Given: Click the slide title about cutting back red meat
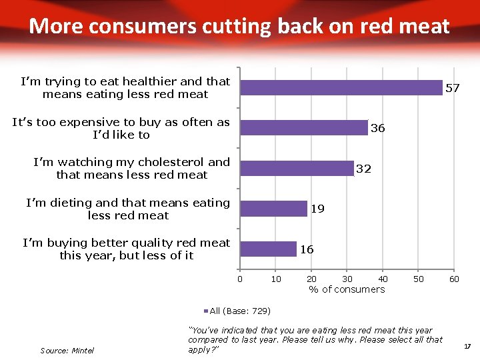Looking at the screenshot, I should [x=239, y=26].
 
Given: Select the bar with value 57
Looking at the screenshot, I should [x=341, y=88].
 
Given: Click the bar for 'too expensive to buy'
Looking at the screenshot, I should [x=304, y=128].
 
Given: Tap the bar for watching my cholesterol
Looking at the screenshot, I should [x=297, y=169].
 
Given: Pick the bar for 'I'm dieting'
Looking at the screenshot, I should [x=273, y=209].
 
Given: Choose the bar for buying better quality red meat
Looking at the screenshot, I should [x=268, y=249].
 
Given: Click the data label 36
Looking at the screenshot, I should [x=377, y=128].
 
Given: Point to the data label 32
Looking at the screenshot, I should [x=363, y=169].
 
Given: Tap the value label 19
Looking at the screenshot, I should [x=318, y=209].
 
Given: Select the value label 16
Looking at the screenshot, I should [x=307, y=249].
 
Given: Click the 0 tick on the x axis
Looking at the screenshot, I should [x=240, y=279].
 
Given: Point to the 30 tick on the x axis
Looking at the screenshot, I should [x=347, y=279].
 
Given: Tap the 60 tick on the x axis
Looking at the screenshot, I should [x=453, y=279].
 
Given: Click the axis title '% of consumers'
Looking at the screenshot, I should [x=347, y=289].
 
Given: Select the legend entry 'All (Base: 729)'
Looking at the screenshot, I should [x=239, y=311].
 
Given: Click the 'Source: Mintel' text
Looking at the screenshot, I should [x=67, y=350].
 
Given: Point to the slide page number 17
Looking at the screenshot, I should [x=467, y=346].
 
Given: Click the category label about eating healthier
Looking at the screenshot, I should [x=125, y=87].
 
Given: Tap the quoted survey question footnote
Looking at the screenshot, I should [x=315, y=340].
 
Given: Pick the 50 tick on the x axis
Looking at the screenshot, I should [x=418, y=279].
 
